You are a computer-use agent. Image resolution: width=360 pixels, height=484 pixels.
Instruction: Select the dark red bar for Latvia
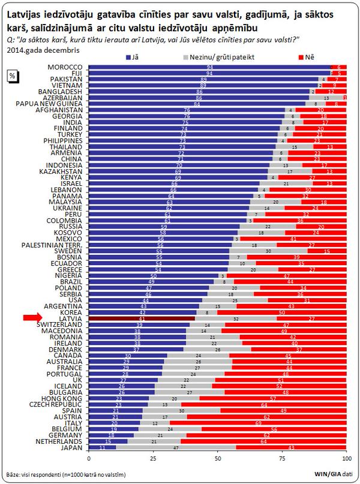tap(142, 318)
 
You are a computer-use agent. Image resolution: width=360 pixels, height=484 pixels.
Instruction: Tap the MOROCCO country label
tap(66, 67)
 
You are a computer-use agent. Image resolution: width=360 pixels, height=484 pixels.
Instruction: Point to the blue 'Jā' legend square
tap(128, 56)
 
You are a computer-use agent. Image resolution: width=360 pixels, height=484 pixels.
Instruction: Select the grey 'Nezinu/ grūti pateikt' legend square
tap(185, 56)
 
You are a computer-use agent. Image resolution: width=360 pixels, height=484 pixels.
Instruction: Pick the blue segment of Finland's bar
tap(186, 128)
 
